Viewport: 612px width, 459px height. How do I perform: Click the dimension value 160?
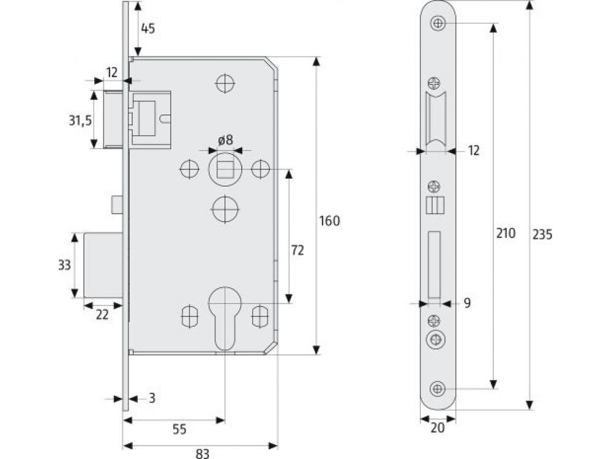(x=330, y=221)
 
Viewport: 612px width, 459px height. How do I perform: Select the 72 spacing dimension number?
(x=297, y=250)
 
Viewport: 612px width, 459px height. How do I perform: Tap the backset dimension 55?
(x=179, y=429)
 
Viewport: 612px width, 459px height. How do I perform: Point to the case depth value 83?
(x=203, y=453)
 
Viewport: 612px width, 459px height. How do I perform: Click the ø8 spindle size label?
(x=226, y=140)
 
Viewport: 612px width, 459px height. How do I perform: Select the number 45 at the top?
(x=147, y=28)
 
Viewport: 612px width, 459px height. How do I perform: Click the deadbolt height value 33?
(x=64, y=265)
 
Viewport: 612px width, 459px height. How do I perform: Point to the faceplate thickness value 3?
(x=152, y=398)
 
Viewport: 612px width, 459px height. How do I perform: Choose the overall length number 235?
(x=542, y=234)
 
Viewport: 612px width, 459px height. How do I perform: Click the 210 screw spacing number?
(x=507, y=233)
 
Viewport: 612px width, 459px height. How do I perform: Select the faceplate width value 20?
(x=437, y=428)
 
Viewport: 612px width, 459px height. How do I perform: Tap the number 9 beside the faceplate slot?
(x=467, y=302)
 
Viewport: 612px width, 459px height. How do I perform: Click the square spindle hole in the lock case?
(x=225, y=170)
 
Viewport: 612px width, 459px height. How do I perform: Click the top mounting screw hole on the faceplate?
(x=438, y=24)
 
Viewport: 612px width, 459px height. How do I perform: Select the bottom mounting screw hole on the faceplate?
(x=438, y=389)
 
